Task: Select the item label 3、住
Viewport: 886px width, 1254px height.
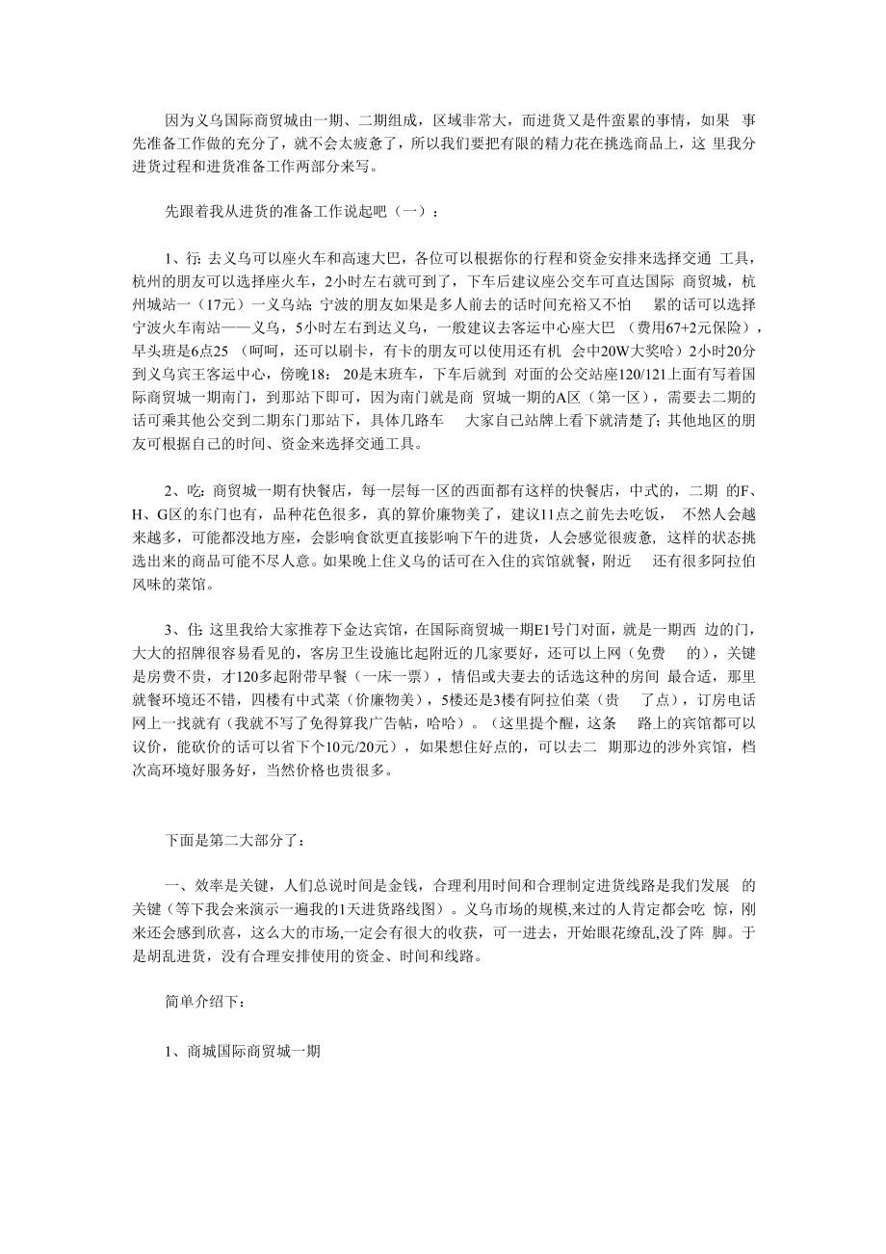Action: coord(184,631)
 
